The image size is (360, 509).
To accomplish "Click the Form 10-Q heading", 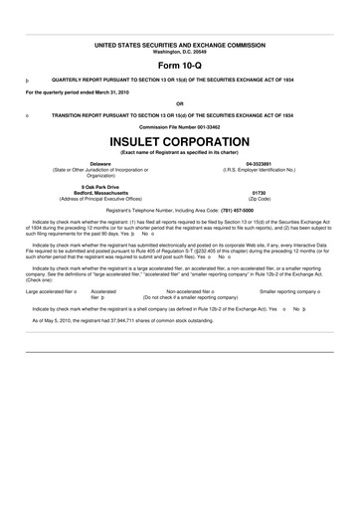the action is click(x=179, y=63).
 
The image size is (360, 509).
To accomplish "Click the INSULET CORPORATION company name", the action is click(x=179, y=141).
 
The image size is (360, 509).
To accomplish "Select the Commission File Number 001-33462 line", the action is click(x=179, y=127).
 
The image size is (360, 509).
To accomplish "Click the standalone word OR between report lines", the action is click(x=179, y=102).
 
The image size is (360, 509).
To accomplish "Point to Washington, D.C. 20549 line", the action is click(x=179, y=51).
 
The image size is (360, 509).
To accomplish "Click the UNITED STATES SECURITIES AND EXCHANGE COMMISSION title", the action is click(x=179, y=46).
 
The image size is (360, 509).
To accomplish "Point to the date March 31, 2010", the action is click(x=118, y=91).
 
